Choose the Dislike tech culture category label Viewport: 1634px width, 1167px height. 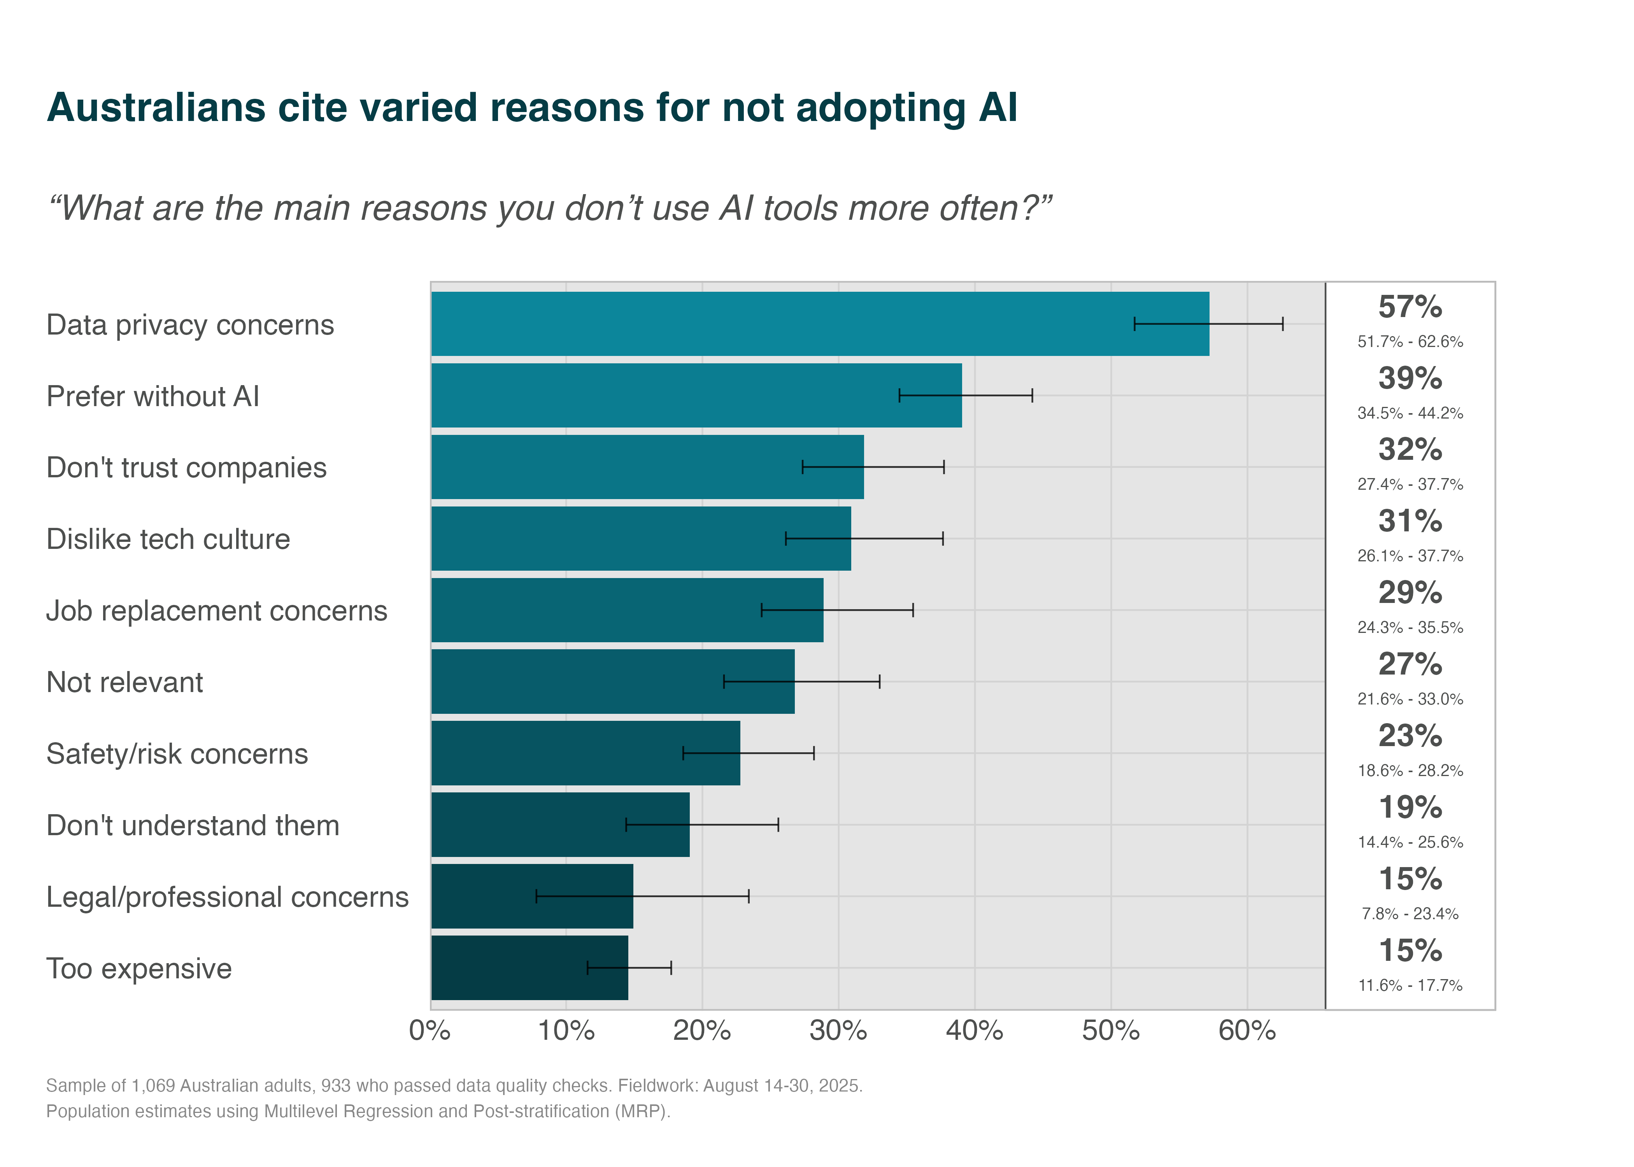(168, 539)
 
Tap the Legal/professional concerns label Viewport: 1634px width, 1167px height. (227, 897)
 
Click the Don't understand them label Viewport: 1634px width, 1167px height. (193, 825)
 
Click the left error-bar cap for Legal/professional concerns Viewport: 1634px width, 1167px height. (536, 896)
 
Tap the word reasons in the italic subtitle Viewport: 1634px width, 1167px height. (420, 209)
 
